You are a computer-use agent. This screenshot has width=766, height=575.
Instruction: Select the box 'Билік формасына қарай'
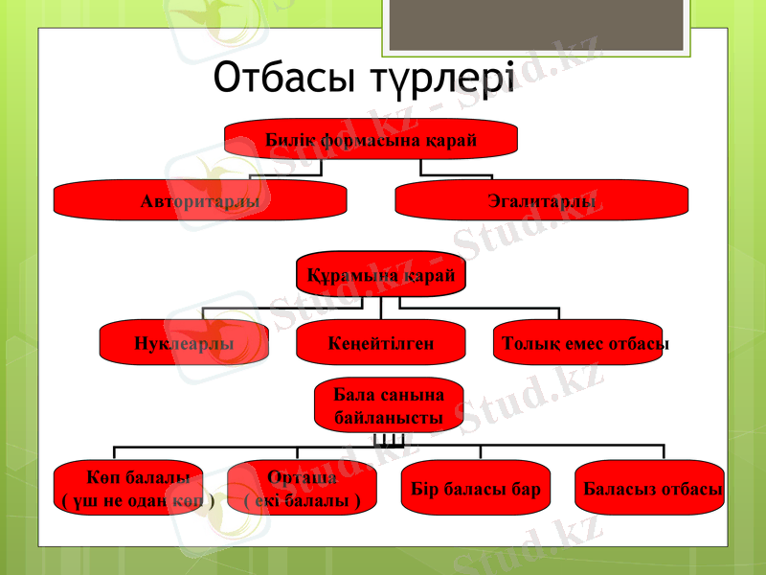coord(371,139)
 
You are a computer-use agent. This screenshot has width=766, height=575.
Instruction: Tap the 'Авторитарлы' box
coord(199,201)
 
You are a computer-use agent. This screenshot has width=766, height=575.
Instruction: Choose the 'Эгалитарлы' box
coord(542,201)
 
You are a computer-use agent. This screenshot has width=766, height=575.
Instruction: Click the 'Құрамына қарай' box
coord(380,275)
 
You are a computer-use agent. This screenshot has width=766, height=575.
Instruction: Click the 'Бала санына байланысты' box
coord(388,406)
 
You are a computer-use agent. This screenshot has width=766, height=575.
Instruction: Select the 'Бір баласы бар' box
coord(475,489)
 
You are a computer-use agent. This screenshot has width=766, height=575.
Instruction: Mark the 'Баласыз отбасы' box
coord(651,489)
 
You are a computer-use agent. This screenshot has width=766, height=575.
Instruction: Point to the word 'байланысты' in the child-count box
coord(388,418)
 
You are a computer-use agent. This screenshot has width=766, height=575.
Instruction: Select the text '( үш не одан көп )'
coord(138,500)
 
